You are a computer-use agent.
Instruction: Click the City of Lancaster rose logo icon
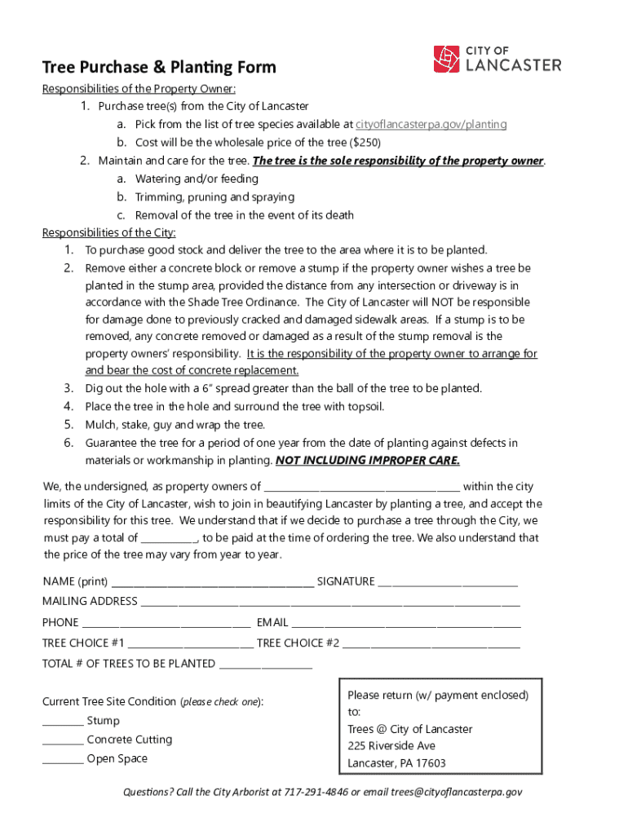tap(447, 60)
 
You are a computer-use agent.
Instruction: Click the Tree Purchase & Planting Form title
tap(159, 67)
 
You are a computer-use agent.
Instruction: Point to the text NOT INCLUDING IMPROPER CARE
tap(368, 461)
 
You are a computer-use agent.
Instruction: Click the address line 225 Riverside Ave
tap(391, 746)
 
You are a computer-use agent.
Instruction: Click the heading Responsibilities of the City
tap(108, 233)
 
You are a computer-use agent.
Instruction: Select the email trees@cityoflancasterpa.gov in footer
tap(456, 792)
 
